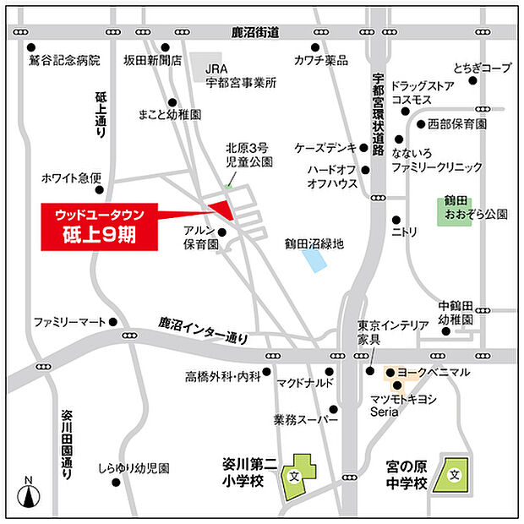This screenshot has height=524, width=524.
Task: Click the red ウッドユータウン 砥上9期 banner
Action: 101,226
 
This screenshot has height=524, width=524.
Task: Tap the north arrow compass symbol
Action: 28,494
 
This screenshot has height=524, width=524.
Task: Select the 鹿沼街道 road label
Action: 255,32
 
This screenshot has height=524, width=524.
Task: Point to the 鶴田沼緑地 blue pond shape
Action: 314,259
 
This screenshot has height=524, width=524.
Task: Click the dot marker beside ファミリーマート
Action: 113,322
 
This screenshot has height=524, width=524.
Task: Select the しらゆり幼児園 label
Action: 134,467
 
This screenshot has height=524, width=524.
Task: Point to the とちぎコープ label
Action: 482,67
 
